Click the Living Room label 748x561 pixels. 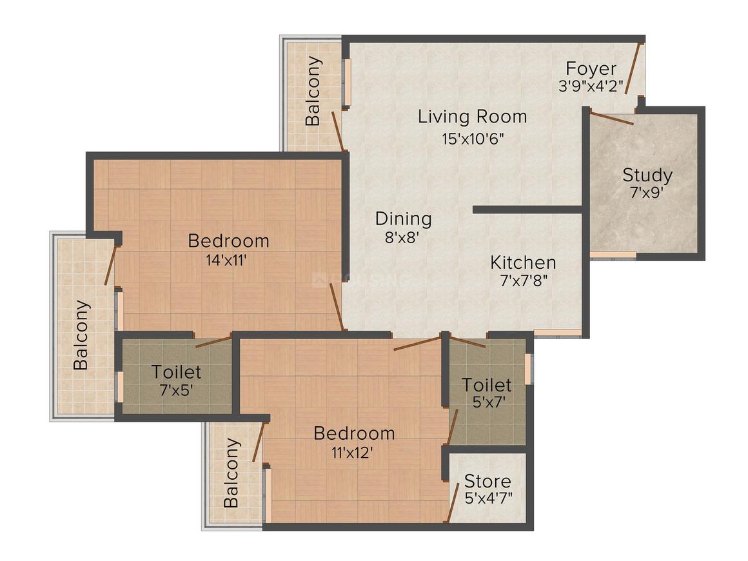click(x=472, y=117)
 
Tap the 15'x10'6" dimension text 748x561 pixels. click(x=473, y=139)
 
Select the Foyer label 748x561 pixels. click(x=591, y=68)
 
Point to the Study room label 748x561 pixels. click(x=647, y=175)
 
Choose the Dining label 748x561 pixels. click(x=403, y=219)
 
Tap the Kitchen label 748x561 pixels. click(x=523, y=262)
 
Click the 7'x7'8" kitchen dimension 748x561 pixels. click(x=523, y=282)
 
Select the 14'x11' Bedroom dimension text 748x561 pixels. click(x=228, y=261)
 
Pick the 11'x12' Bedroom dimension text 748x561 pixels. click(x=353, y=452)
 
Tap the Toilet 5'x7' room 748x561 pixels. click(x=487, y=393)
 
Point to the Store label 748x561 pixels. click(x=487, y=481)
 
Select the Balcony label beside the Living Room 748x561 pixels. click(x=313, y=91)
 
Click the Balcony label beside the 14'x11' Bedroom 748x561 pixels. click(x=81, y=335)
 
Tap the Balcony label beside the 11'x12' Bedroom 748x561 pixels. click(x=232, y=473)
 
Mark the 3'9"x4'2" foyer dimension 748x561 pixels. click(x=591, y=86)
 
